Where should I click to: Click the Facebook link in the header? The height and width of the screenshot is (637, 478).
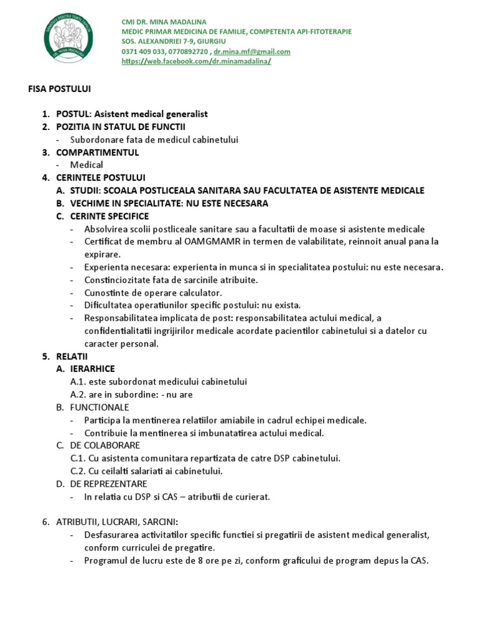tap(197, 62)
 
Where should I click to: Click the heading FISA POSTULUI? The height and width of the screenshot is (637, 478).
tap(60, 89)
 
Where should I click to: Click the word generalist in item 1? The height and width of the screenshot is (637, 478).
tap(185, 114)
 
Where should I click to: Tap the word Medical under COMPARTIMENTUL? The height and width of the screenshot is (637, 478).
tap(87, 165)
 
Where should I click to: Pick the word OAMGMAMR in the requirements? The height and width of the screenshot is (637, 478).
tap(203, 241)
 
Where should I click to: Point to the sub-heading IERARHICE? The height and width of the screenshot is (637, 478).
tap(93, 369)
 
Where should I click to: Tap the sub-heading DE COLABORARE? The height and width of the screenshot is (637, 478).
tap(105, 445)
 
